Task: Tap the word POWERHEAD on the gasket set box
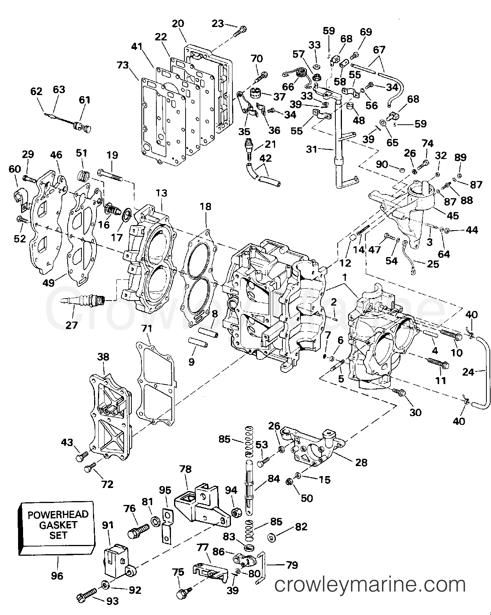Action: [x=58, y=515]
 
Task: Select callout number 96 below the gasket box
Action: [x=57, y=576]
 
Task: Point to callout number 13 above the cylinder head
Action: [x=161, y=193]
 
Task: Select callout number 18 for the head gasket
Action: [x=206, y=206]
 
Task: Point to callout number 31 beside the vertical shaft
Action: [x=312, y=149]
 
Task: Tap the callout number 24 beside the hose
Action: [x=468, y=372]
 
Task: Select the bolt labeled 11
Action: [x=438, y=363]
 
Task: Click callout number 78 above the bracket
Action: [x=186, y=469]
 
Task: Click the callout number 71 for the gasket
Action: [x=146, y=329]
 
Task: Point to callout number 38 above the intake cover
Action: [x=103, y=357]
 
